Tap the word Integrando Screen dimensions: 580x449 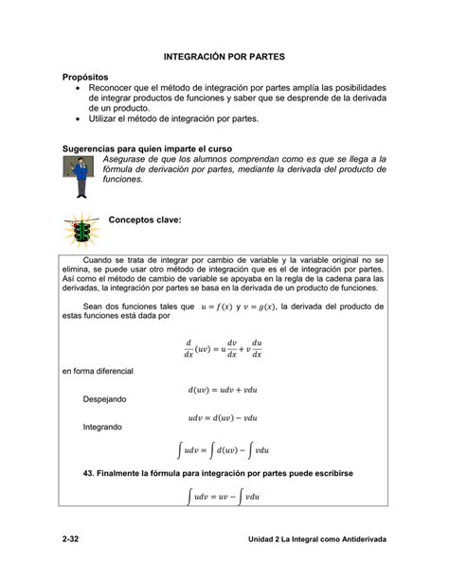(x=103, y=427)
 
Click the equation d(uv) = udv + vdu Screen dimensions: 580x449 (x=224, y=387)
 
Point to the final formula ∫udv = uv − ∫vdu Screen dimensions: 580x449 (x=224, y=495)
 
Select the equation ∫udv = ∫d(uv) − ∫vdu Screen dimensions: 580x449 (x=224, y=449)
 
